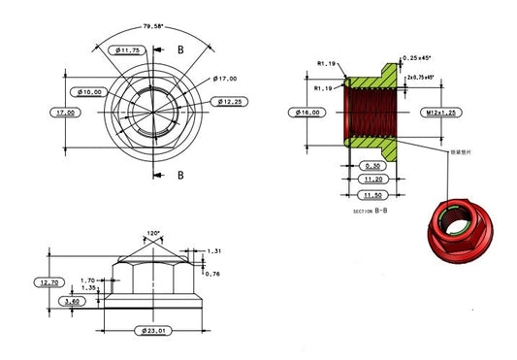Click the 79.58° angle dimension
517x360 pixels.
(153, 26)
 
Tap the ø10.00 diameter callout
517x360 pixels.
(89, 91)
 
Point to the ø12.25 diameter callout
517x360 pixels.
(229, 101)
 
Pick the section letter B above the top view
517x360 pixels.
(180, 49)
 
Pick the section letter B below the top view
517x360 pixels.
(180, 176)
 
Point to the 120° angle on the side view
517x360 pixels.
(153, 234)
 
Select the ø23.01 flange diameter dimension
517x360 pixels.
(153, 332)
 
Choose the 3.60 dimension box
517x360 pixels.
(72, 302)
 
